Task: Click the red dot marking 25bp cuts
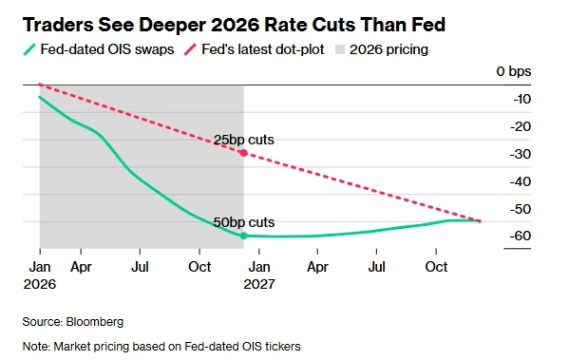(244, 152)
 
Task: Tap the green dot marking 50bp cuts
(244, 235)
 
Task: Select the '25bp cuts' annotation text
(244, 140)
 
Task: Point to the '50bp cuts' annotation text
(244, 222)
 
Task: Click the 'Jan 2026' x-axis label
(40, 275)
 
